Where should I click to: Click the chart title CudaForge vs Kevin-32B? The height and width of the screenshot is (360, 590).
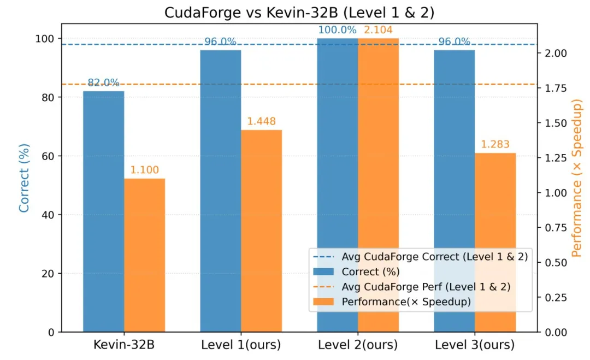299,13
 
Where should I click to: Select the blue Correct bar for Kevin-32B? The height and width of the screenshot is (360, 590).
103,211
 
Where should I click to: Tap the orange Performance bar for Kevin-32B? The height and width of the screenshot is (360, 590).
144,256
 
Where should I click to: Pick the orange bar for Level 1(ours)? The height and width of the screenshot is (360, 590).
262,231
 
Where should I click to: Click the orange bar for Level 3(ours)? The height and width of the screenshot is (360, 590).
495,243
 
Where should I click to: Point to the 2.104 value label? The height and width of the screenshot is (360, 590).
378,29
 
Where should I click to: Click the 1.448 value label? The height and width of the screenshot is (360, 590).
262,121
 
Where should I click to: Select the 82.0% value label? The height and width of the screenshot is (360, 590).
103,82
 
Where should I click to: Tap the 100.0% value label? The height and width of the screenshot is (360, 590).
337,29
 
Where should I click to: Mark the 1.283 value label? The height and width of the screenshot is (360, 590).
495,144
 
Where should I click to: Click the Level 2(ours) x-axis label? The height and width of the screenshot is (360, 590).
358,345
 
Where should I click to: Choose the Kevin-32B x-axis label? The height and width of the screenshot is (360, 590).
124,345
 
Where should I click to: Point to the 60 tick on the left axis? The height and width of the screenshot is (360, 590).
48,156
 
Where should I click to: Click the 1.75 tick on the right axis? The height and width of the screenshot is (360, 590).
556,88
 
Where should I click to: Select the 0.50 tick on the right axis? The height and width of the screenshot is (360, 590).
556,263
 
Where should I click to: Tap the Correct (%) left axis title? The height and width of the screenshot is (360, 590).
23,178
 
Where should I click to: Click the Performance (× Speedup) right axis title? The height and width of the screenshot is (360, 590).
576,178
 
